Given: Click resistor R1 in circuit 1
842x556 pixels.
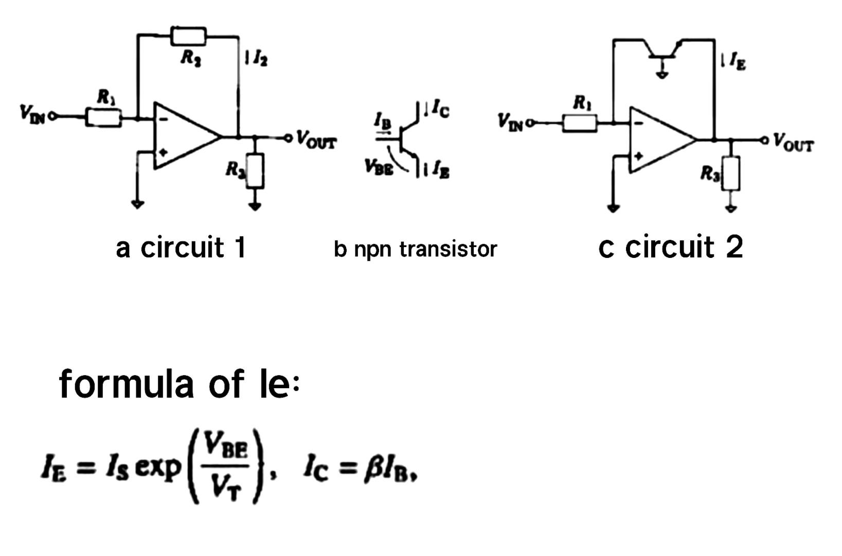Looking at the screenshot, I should (103, 118).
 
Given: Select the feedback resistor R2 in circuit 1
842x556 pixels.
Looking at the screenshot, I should (188, 37).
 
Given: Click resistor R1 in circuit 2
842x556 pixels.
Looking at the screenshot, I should (580, 124).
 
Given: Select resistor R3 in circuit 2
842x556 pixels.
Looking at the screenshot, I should (731, 174).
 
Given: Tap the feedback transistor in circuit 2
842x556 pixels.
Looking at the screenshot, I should (663, 51).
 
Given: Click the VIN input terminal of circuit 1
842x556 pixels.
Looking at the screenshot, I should (51, 117).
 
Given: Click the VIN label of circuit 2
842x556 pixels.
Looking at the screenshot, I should (509, 122).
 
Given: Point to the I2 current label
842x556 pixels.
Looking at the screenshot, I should (260, 60).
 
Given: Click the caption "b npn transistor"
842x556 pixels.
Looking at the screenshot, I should (415, 249).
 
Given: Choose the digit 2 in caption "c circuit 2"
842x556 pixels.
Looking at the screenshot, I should (734, 247).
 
